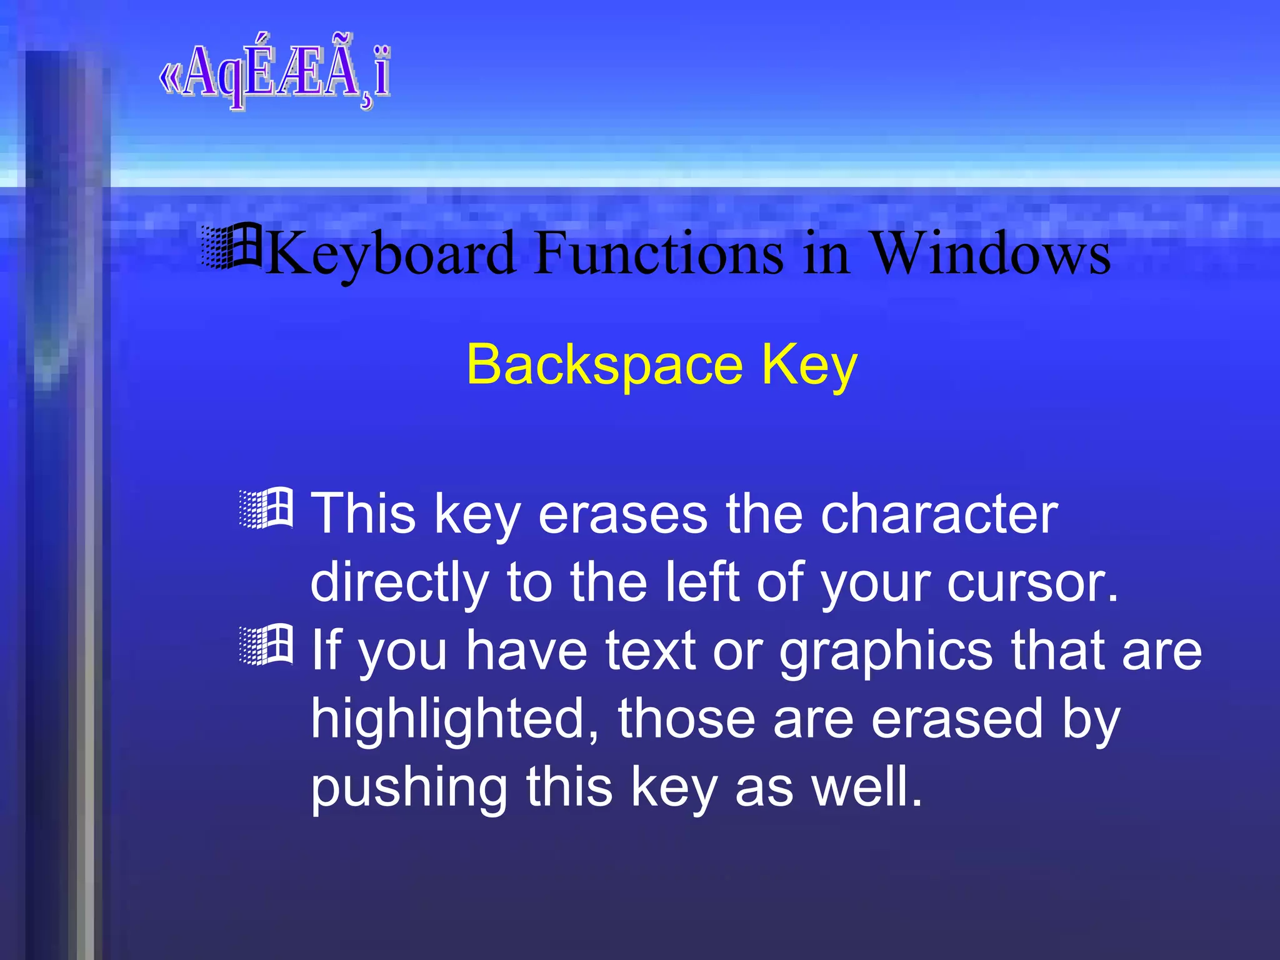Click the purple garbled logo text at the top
(x=275, y=74)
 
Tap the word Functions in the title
(x=659, y=253)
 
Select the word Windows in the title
(x=990, y=253)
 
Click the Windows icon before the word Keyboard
(x=232, y=246)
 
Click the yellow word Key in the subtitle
(x=809, y=366)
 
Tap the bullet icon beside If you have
(x=266, y=644)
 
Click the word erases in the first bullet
(x=622, y=514)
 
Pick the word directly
(x=399, y=583)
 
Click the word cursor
(x=1032, y=583)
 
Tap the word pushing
(x=409, y=789)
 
